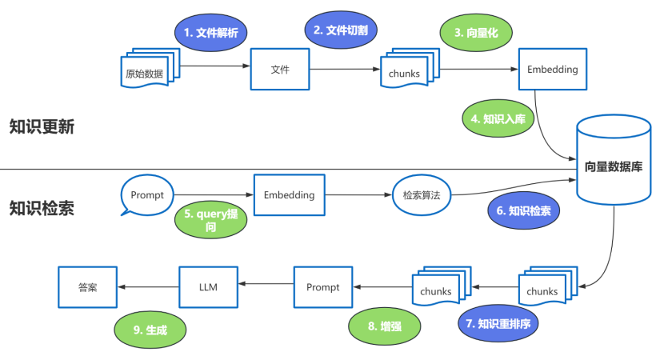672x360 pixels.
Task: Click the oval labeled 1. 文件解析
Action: (x=211, y=34)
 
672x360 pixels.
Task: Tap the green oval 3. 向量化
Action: (x=476, y=33)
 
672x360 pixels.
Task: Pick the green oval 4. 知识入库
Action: (x=498, y=119)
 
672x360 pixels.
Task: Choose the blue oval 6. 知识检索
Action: (x=524, y=212)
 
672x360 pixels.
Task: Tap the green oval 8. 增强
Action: (x=382, y=327)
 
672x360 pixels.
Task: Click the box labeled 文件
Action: (x=280, y=70)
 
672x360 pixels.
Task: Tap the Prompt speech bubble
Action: (x=146, y=195)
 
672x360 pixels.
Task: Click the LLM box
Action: (x=208, y=287)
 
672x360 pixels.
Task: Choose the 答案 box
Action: (x=88, y=287)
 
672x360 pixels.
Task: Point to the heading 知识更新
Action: (x=42, y=126)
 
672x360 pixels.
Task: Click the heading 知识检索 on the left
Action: (x=42, y=208)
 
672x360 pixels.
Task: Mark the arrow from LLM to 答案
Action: (x=148, y=287)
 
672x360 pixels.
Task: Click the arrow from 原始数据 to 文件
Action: (x=216, y=68)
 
